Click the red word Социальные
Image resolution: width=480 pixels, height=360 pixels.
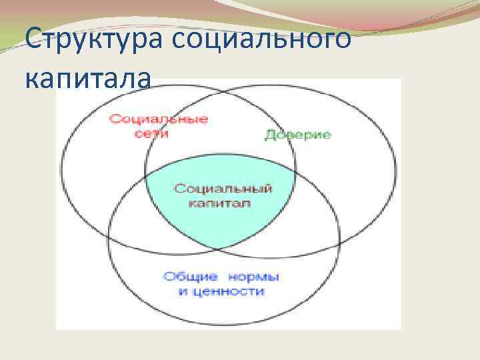pyautogui.click(x=159, y=119)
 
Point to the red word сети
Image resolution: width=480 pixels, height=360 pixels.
pyautogui.click(x=150, y=133)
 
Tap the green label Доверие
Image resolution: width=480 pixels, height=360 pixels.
pyautogui.click(x=298, y=135)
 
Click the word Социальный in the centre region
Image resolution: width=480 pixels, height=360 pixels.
pyautogui.click(x=223, y=189)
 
